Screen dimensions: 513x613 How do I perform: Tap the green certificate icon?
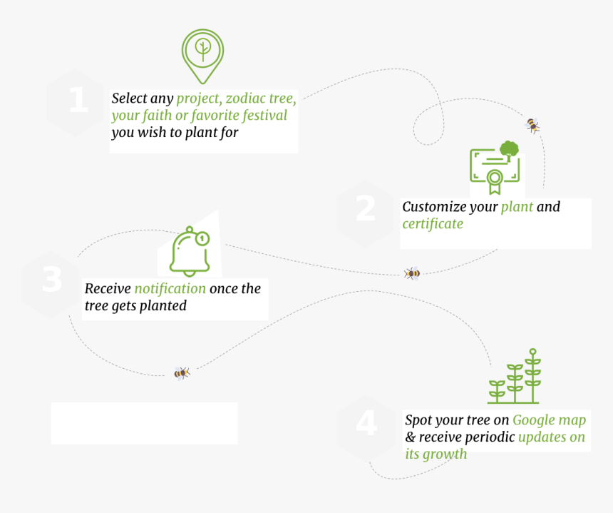[x=495, y=168]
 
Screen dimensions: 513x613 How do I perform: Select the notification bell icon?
[x=190, y=251]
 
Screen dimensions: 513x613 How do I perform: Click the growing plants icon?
[x=515, y=377]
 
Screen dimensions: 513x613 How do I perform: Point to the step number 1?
[x=78, y=101]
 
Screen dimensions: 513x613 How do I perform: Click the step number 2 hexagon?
[x=366, y=209]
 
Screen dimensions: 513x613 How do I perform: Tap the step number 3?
[x=52, y=280]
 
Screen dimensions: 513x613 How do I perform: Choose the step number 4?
[x=366, y=424]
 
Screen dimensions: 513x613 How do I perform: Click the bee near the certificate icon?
[x=532, y=126]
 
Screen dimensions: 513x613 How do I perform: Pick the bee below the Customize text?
[x=412, y=273]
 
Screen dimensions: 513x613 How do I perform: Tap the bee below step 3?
[x=182, y=373]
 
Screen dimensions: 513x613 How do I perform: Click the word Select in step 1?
[x=130, y=98]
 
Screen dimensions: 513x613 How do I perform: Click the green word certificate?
[x=433, y=224]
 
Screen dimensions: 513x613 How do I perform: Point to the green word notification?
[x=170, y=289]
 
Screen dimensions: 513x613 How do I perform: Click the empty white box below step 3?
[x=144, y=423]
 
